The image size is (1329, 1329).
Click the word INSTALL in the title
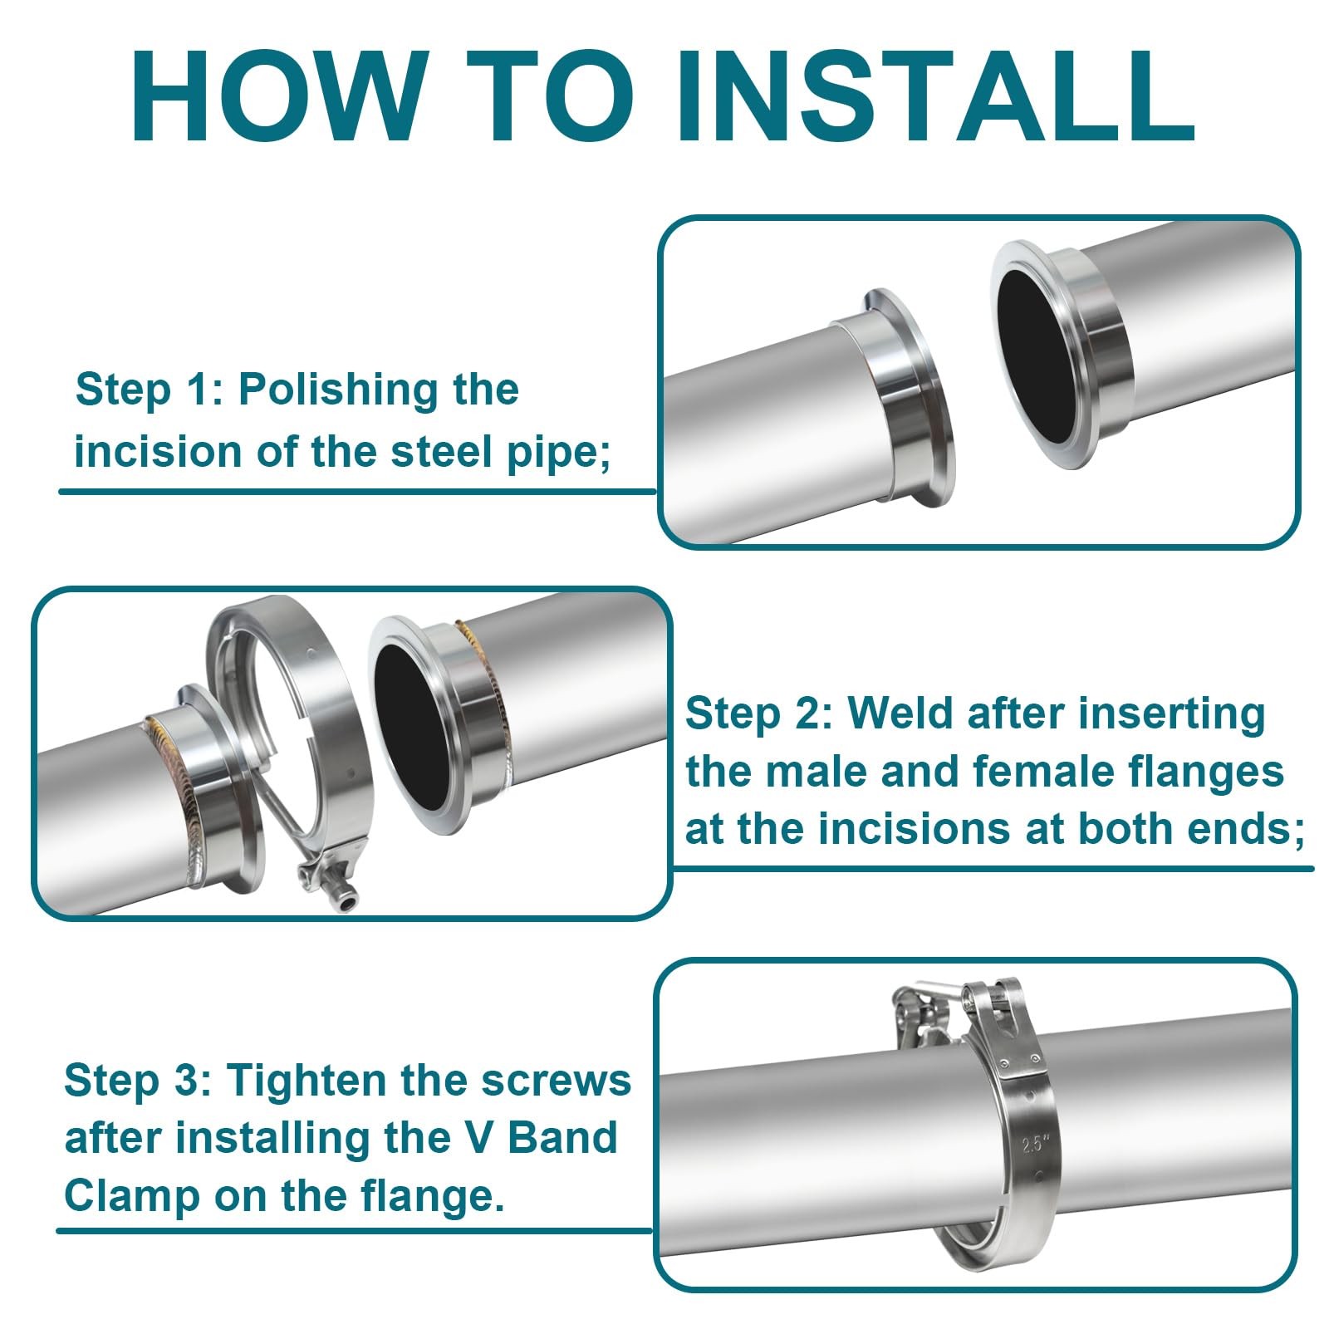[x=936, y=97]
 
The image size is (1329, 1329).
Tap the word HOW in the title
[x=277, y=97]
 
